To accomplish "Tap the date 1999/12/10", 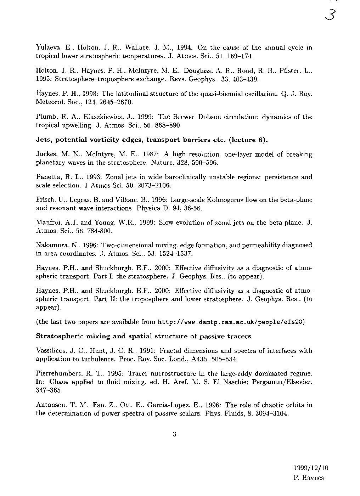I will pos(311,468).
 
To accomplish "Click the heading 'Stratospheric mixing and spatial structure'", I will pos(144,336).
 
